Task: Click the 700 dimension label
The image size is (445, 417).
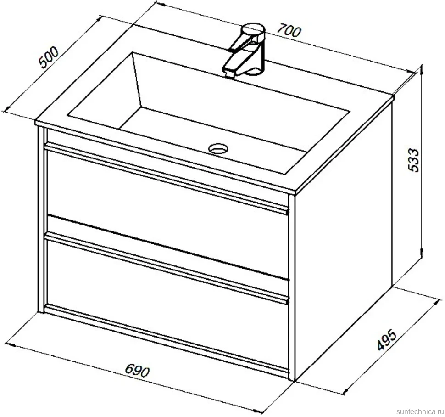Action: pos(288,31)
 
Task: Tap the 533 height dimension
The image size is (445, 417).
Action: pos(413,160)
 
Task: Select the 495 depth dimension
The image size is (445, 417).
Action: pos(386,340)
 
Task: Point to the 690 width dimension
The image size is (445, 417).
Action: pos(137,371)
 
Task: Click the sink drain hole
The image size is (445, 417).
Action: pos(218,148)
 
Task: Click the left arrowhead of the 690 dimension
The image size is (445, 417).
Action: pos(10,345)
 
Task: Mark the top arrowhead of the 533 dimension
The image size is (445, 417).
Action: pos(422,70)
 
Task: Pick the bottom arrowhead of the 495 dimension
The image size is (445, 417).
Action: pos(346,391)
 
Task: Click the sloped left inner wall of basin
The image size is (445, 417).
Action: pos(102,88)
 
